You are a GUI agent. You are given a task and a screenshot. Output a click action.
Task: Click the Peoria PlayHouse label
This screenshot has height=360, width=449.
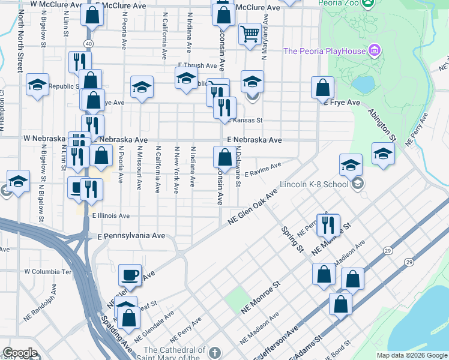click(324, 51)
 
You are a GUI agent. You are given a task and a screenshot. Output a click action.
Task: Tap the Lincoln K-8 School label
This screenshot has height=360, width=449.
click(315, 184)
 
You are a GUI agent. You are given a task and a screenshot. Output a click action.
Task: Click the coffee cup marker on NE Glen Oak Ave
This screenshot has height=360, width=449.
click(130, 275)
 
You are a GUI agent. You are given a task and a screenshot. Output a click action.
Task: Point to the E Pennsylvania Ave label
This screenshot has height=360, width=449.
click(131, 236)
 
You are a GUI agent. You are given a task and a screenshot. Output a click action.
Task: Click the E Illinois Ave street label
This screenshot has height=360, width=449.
click(110, 215)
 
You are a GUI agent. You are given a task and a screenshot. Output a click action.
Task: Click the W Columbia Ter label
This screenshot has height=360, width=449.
click(47, 271)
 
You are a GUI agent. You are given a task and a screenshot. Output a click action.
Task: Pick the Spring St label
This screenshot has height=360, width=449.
click(291, 238)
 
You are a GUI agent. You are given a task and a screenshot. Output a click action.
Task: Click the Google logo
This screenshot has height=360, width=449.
click(20, 353)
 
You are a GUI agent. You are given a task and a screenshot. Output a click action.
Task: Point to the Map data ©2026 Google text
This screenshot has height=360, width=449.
click(411, 355)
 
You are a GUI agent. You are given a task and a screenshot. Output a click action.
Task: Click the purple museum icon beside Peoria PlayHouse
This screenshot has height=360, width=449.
click(375, 49)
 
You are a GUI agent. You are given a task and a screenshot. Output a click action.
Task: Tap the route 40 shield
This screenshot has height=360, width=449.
click(88, 44)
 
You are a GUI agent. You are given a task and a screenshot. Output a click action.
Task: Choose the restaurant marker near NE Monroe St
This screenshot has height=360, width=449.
click(328, 224)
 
